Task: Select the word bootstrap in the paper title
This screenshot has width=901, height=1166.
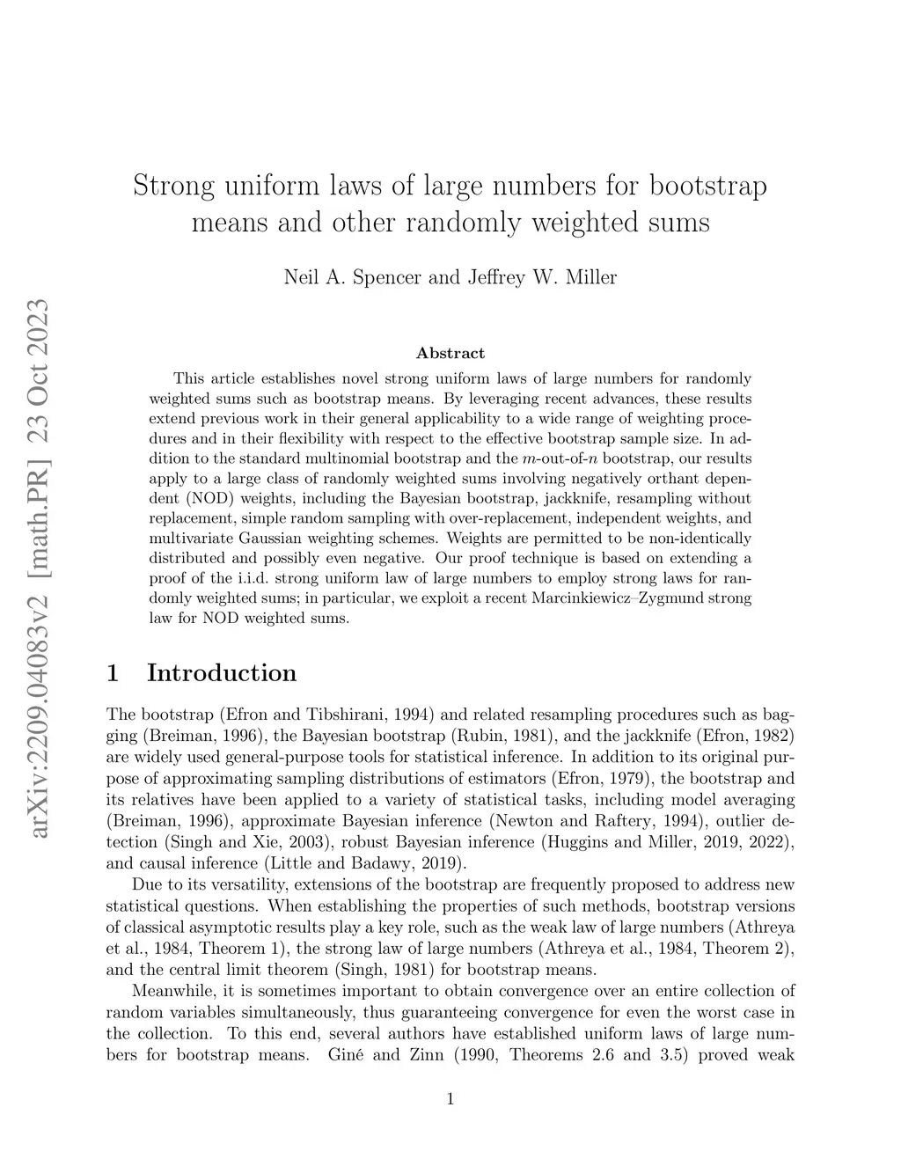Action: pos(707,187)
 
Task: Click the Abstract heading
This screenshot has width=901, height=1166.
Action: pos(450,353)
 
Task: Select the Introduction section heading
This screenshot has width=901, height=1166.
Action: pos(221,673)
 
